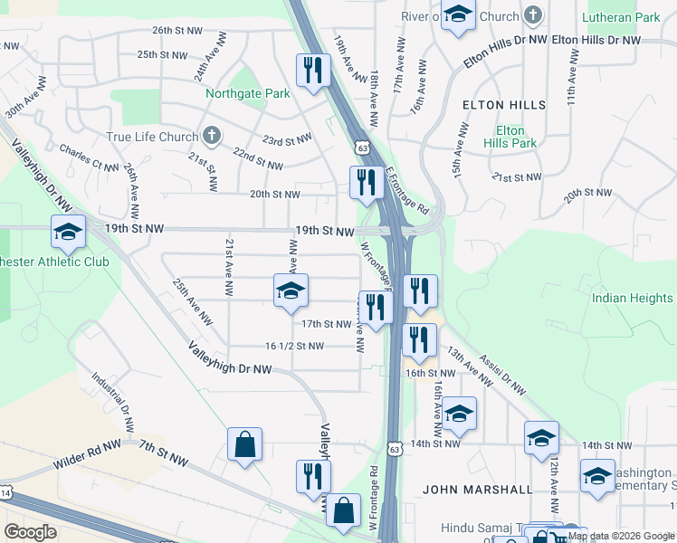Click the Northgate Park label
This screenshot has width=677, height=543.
[x=247, y=93]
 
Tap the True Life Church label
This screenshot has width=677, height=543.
[x=151, y=137]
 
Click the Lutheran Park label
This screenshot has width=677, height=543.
[x=621, y=17]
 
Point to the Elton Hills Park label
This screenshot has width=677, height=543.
[x=510, y=137]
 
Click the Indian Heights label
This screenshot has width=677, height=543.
[x=633, y=298]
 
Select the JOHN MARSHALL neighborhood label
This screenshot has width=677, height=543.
[x=478, y=490]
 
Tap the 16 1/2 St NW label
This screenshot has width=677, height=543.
[x=294, y=346]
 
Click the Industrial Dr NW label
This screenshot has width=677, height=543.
[x=115, y=401]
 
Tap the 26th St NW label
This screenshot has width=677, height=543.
[x=177, y=30]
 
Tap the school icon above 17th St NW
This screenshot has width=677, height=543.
[x=291, y=291]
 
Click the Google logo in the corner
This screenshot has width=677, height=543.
[x=30, y=532]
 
